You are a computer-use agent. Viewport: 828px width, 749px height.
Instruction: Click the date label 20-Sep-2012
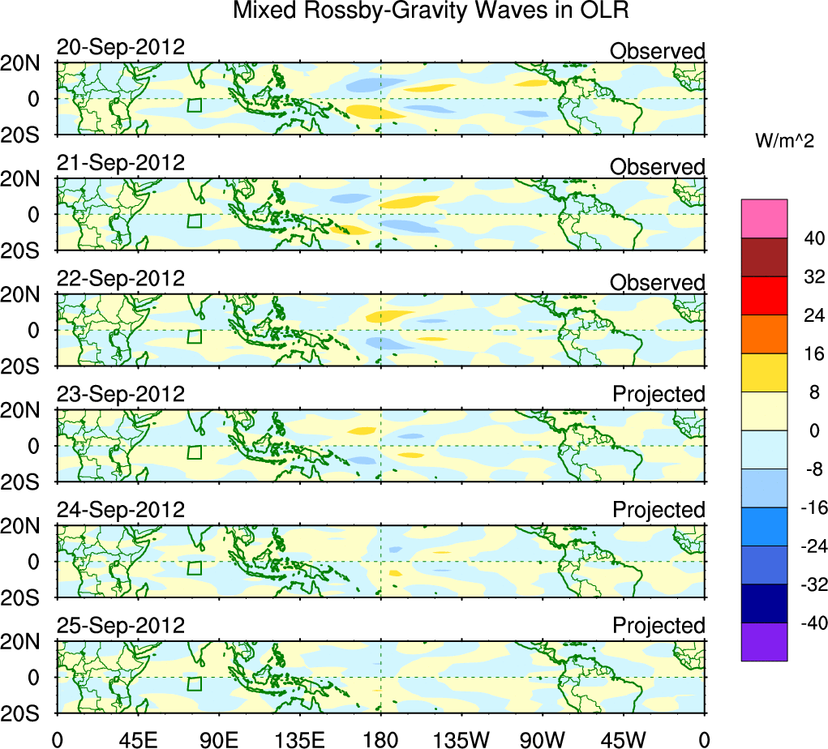[x=121, y=48]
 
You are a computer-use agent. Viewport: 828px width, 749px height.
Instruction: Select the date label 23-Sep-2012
[x=121, y=395]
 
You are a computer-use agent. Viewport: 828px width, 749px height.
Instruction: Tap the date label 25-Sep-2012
[x=121, y=626]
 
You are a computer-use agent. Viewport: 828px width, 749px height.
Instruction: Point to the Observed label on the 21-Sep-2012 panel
[x=657, y=167]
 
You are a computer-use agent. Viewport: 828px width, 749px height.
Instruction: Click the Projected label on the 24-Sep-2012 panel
[x=659, y=510]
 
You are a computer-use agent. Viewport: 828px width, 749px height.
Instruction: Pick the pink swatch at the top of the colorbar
[x=764, y=219]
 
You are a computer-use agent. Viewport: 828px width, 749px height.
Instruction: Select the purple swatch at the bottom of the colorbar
[x=764, y=641]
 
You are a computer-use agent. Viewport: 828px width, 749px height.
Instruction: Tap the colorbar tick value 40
[x=813, y=238]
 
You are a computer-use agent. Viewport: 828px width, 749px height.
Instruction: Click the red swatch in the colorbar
[x=764, y=296]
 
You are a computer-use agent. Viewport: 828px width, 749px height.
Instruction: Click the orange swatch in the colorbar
[x=764, y=334]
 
